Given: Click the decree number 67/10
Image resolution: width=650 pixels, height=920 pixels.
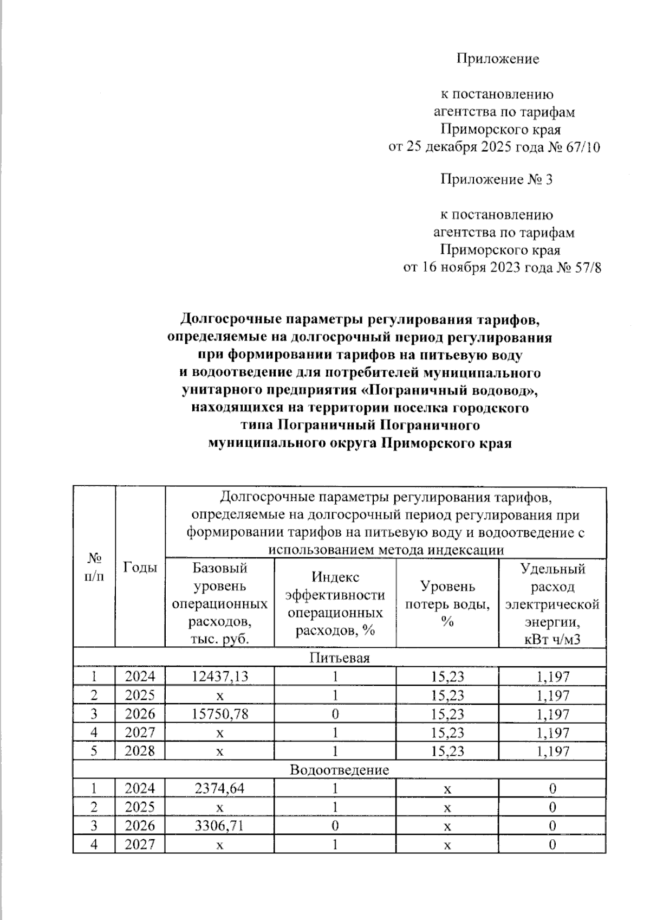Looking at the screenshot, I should (582, 147).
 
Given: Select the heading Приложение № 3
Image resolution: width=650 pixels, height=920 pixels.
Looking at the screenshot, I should (496, 179).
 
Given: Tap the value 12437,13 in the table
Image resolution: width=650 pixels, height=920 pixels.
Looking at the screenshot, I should (220, 676).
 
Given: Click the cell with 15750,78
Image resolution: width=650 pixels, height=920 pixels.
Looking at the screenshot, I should (220, 713).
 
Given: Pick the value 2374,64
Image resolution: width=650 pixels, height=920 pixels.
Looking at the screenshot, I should (220, 788).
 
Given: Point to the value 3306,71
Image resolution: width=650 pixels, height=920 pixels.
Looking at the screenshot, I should (220, 825).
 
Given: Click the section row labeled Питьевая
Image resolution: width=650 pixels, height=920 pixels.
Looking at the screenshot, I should (339, 658).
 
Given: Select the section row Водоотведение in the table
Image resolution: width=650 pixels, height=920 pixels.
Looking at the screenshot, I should (339, 770).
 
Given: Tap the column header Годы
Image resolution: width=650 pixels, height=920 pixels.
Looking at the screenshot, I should (140, 567).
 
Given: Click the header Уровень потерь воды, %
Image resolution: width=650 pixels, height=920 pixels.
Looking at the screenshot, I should (447, 603).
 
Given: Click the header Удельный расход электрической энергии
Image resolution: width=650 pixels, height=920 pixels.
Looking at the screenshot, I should (552, 603).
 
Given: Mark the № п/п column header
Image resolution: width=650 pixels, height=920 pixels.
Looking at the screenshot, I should (94, 567).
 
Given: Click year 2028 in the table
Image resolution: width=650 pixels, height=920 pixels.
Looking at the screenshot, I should (140, 751).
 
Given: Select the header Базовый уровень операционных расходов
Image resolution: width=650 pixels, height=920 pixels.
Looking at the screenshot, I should (220, 603).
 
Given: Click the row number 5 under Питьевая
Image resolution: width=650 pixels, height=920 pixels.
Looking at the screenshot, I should (94, 751).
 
